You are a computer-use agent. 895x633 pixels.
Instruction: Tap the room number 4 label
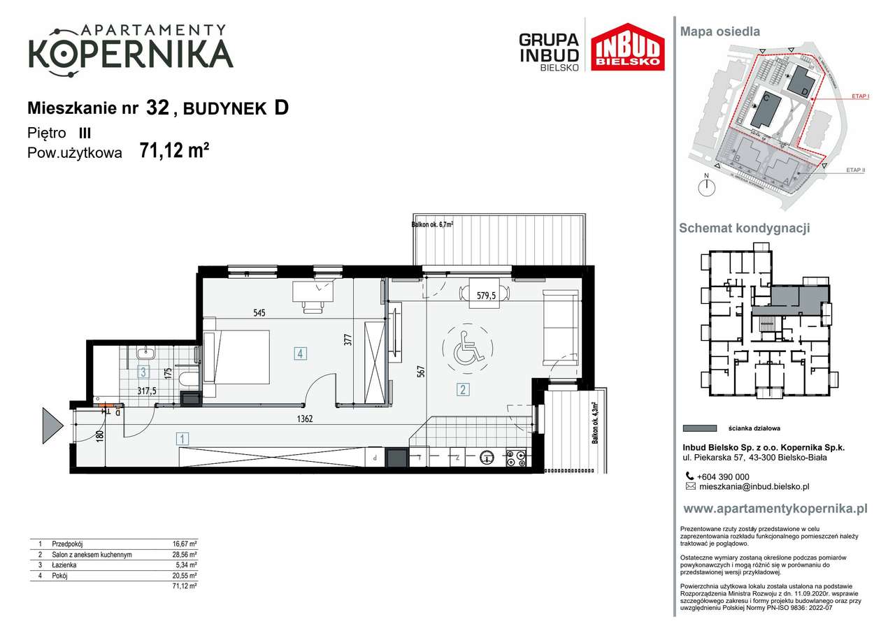(299, 354)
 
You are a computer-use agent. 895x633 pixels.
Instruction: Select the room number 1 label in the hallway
(182, 439)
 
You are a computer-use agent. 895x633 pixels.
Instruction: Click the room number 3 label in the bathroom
(143, 372)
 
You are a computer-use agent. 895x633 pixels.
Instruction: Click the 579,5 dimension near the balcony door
(487, 296)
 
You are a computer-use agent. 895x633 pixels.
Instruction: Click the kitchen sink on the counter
(486, 458)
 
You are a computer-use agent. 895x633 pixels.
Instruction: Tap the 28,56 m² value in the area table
(185, 554)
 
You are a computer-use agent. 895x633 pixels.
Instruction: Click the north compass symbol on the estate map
(708, 186)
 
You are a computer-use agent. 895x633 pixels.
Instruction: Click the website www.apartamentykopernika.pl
(775, 509)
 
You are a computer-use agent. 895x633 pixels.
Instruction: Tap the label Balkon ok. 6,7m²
(432, 225)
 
